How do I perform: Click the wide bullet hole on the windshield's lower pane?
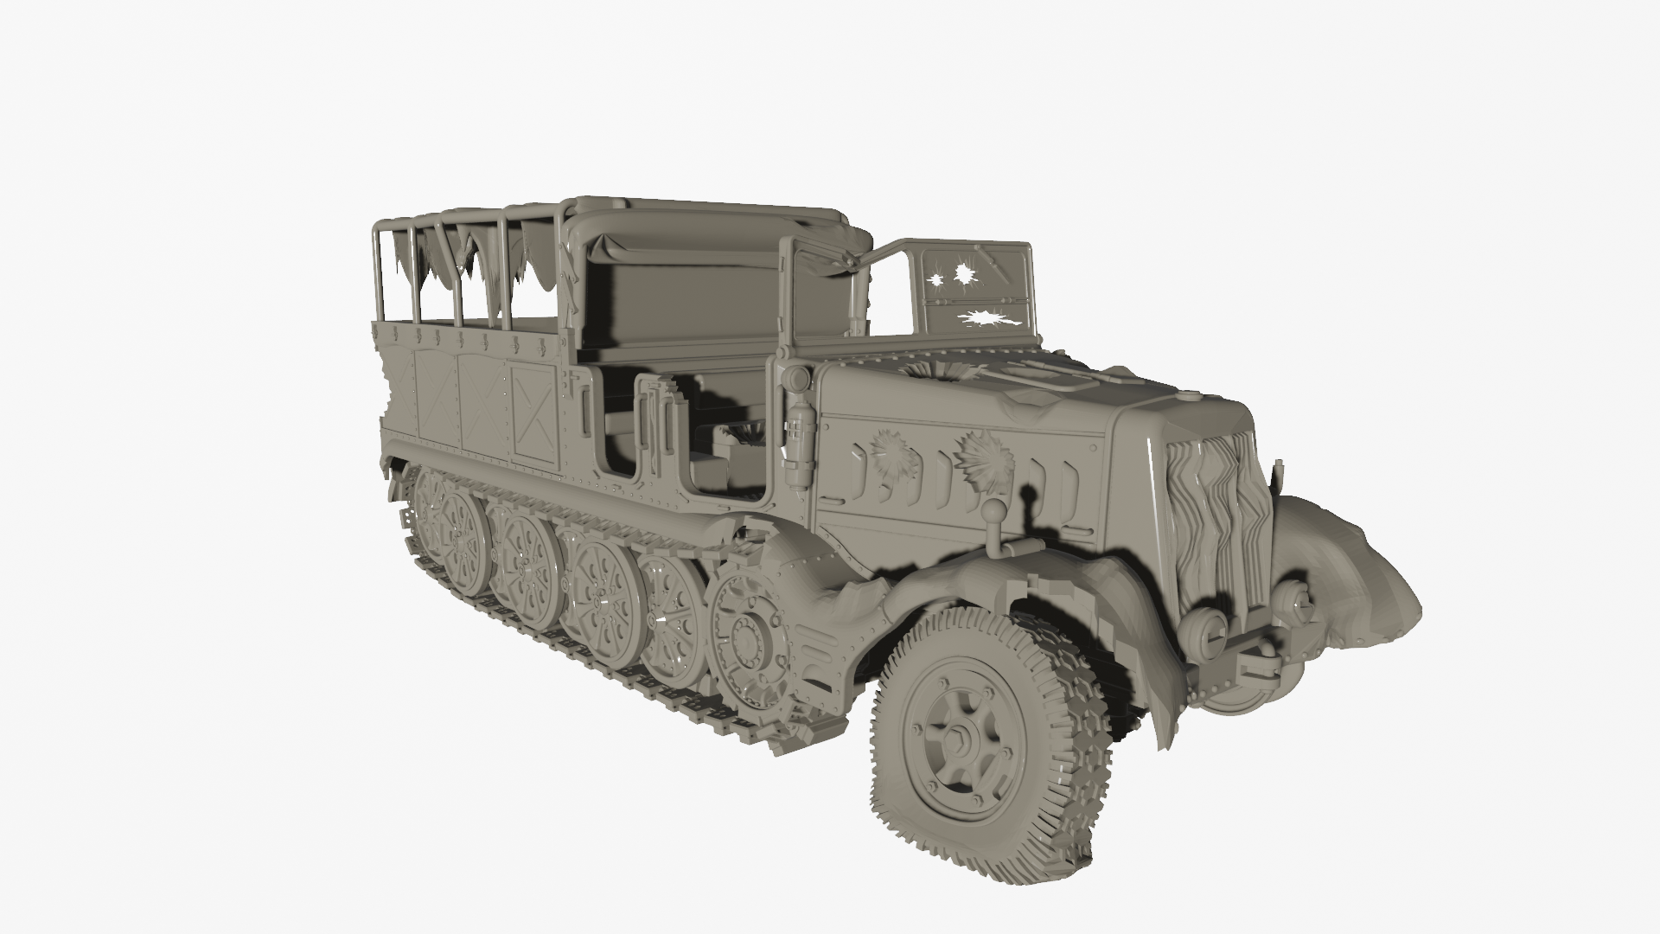[x=986, y=318]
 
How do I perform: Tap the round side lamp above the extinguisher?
[x=791, y=379]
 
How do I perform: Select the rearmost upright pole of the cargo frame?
[x=379, y=277]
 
